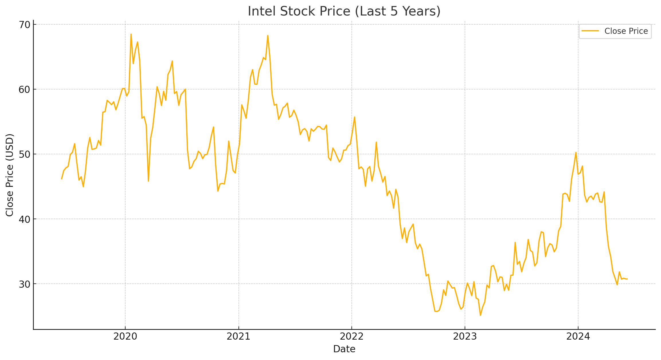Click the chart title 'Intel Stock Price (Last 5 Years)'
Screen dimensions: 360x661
(x=344, y=11)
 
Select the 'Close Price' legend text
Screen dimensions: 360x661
(x=626, y=31)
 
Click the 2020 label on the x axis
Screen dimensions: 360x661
(x=125, y=336)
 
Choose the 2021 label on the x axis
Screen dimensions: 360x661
(x=238, y=336)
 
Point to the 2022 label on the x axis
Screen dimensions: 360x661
(x=352, y=336)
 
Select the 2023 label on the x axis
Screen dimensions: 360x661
(x=465, y=336)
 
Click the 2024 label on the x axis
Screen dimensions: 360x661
(x=578, y=336)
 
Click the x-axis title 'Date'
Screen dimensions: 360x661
(x=344, y=349)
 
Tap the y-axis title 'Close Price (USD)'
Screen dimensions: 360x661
(x=10, y=175)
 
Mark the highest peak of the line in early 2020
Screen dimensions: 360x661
(x=131, y=34)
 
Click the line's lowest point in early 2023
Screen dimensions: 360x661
(x=480, y=315)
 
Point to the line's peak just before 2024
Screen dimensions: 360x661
(x=576, y=152)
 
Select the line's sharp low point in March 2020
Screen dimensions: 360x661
(x=148, y=181)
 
